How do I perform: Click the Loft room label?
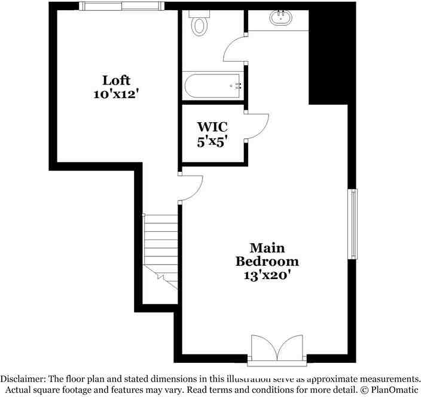(x=116, y=80)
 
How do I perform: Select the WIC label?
(x=212, y=128)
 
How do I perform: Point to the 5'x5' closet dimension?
(x=212, y=142)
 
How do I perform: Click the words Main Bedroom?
(x=267, y=254)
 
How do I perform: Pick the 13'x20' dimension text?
(x=267, y=276)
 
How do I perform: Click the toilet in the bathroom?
(x=198, y=23)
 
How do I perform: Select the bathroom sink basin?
(x=280, y=17)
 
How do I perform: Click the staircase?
(x=161, y=248)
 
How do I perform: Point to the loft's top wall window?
(x=121, y=6)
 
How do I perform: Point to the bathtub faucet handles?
(x=237, y=86)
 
